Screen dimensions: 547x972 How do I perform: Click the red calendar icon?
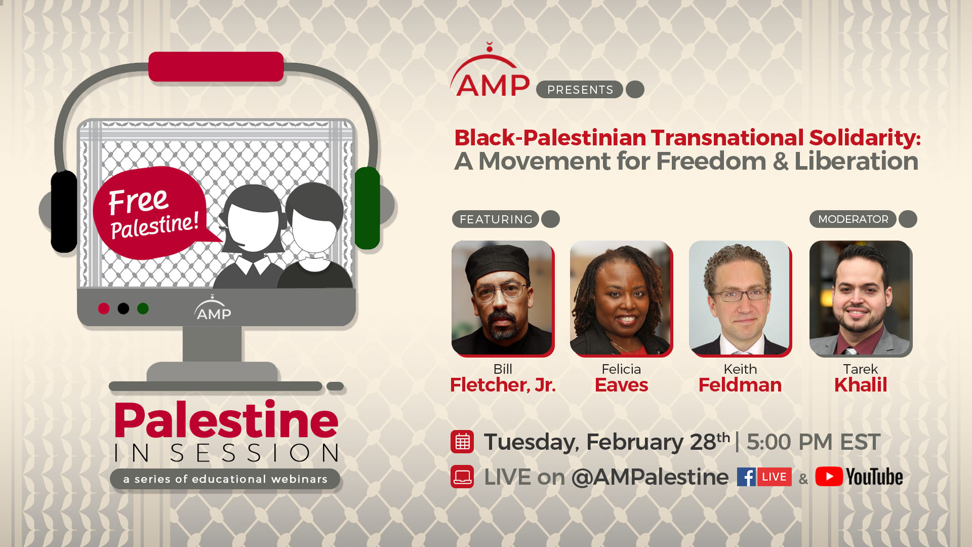coord(462,442)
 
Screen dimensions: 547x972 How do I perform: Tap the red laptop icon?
coord(462,477)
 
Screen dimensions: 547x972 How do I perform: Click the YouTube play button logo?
coord(829,477)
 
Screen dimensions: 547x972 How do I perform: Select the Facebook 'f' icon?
coord(746,477)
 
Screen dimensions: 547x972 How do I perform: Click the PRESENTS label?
coord(580,90)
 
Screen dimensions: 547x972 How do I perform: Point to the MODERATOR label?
coord(853,219)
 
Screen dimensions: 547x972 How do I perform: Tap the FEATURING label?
coord(496,219)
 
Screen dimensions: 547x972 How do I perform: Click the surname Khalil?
coord(861,385)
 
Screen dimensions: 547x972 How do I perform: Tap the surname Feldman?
coord(740,385)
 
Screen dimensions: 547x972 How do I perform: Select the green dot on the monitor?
coord(143,308)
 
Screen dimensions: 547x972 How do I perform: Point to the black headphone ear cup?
coord(64,211)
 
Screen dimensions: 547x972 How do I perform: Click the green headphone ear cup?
coord(367,208)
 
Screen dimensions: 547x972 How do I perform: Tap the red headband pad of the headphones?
coord(216,66)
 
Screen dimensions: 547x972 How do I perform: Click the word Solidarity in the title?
coord(864,138)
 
